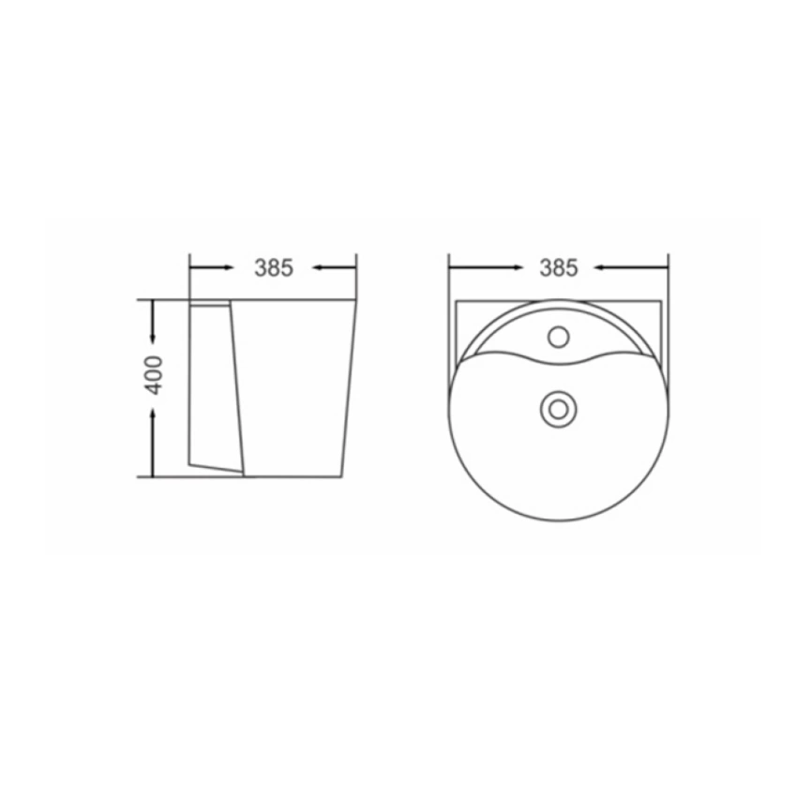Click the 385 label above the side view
[274, 268]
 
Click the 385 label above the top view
[558, 268]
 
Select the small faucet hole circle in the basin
[558, 338]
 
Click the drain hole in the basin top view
[558, 409]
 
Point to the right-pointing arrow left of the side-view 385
[211, 267]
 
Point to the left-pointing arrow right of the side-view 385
[335, 267]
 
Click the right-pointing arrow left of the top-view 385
[486, 267]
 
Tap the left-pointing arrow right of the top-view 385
[631, 267]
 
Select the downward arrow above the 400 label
[153, 321]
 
